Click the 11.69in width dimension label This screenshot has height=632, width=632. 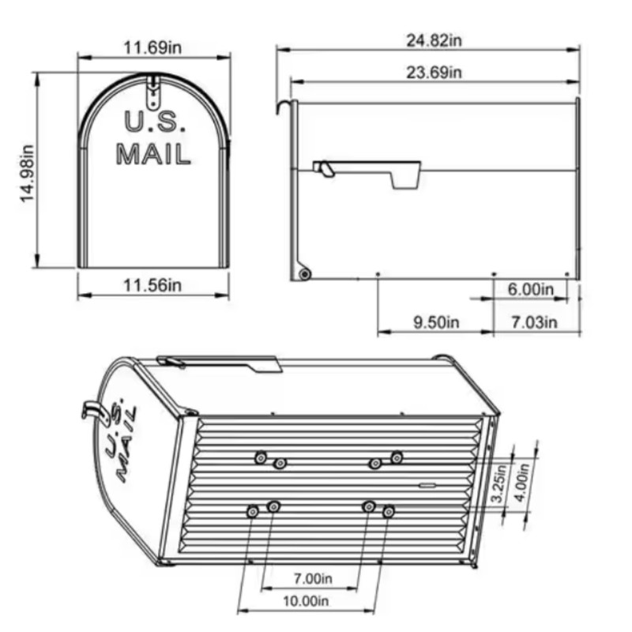152,47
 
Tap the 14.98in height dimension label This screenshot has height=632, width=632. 28,173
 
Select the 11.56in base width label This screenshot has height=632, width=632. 152,285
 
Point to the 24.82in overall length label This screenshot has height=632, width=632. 434,40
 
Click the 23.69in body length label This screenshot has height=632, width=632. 434,73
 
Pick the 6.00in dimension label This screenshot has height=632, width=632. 531,289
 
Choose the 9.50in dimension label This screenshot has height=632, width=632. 437,322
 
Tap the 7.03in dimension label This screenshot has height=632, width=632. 535,322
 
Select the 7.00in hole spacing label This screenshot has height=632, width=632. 313,578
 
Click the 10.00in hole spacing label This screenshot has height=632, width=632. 306,601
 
